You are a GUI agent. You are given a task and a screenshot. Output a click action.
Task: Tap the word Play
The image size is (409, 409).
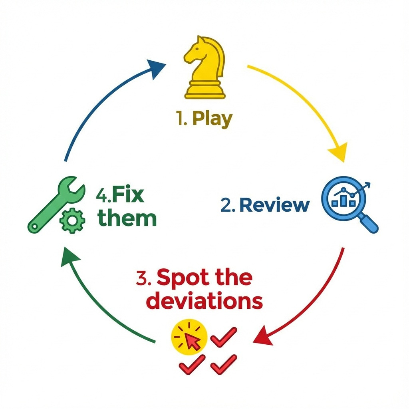click(x=212, y=119)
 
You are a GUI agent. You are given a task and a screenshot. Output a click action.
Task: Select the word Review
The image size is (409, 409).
click(x=275, y=205)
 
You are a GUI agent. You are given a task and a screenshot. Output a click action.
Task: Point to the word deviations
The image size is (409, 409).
click(x=204, y=302)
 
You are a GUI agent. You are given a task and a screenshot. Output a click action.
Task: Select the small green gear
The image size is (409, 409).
click(x=72, y=220)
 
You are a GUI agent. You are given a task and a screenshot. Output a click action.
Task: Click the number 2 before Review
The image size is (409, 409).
click(x=226, y=205)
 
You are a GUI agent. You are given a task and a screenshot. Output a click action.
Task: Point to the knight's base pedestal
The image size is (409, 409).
click(x=204, y=90)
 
